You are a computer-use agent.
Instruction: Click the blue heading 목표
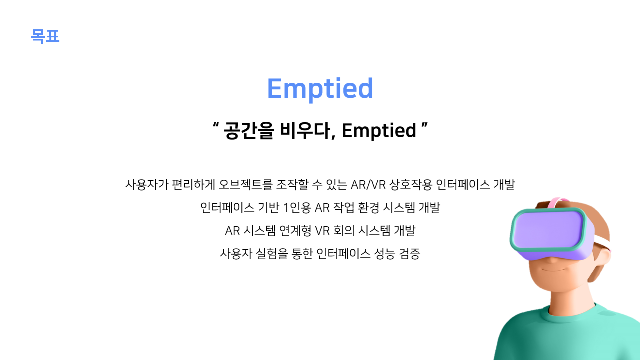click(45, 36)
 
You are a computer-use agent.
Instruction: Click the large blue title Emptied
click(320, 88)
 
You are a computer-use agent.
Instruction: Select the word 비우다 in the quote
click(307, 130)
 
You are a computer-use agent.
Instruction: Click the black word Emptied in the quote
click(379, 130)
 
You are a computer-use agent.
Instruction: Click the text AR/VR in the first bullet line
click(368, 185)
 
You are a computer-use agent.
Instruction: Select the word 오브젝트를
click(245, 185)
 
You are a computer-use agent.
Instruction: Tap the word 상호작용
click(411, 185)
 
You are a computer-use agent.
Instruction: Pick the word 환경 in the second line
click(369, 208)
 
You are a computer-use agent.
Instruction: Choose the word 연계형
click(295, 231)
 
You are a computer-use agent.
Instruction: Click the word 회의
click(344, 231)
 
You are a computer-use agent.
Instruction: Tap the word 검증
click(410, 254)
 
